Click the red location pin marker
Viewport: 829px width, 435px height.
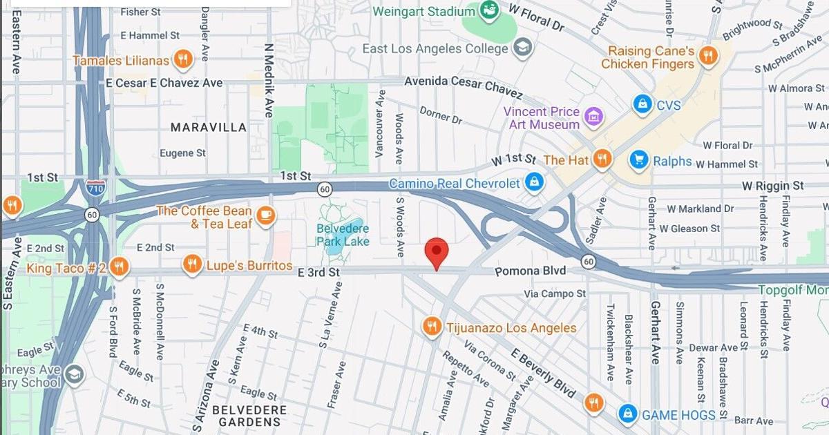pos(436,251)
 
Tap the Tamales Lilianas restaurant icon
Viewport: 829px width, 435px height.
pos(183,59)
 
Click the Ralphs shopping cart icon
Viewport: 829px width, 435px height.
pos(639,160)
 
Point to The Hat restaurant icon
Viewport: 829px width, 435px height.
pos(602,159)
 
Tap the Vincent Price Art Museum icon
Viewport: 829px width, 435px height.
pos(593,117)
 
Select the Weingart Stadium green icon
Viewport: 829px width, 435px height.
pos(489,10)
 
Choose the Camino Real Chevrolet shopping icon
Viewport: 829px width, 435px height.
pos(533,183)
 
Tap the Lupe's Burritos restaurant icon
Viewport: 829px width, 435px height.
pos(193,264)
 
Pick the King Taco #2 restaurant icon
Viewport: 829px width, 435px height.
pos(119,267)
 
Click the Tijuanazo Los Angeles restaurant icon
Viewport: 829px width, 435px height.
pos(432,327)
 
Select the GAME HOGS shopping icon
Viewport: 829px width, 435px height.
pos(627,414)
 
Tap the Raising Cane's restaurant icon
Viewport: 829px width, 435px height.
pos(707,55)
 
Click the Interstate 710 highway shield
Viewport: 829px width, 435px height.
pos(96,187)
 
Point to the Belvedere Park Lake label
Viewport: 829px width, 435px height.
pos(343,235)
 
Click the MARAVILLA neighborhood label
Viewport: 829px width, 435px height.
pos(208,127)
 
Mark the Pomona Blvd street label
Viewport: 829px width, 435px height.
pos(530,271)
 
